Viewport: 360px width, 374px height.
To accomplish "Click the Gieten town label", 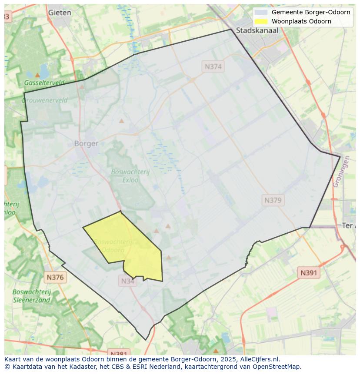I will coord(60,13).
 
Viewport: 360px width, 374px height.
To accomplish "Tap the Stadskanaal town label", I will coord(257,30).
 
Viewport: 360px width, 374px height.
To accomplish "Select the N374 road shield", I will coord(213,66).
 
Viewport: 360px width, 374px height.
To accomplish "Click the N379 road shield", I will coord(273,200).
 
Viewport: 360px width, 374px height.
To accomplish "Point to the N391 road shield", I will coord(309,273).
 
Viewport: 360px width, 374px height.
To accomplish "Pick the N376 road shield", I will coord(55,277).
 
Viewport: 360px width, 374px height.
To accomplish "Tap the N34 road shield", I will coord(127,281).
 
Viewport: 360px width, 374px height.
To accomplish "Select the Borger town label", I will coord(86,143).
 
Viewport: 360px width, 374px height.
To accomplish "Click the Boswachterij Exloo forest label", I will coord(130,175).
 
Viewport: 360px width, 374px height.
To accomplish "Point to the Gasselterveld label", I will coord(44,83).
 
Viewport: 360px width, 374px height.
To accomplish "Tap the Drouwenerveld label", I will coord(44,100).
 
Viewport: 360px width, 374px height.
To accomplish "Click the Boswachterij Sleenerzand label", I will coord(32,295).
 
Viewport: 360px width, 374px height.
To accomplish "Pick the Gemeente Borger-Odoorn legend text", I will coord(311,12).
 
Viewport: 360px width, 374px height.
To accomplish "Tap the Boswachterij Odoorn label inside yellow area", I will coord(112,246).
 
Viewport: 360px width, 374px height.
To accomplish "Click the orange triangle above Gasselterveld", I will coord(37,75).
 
